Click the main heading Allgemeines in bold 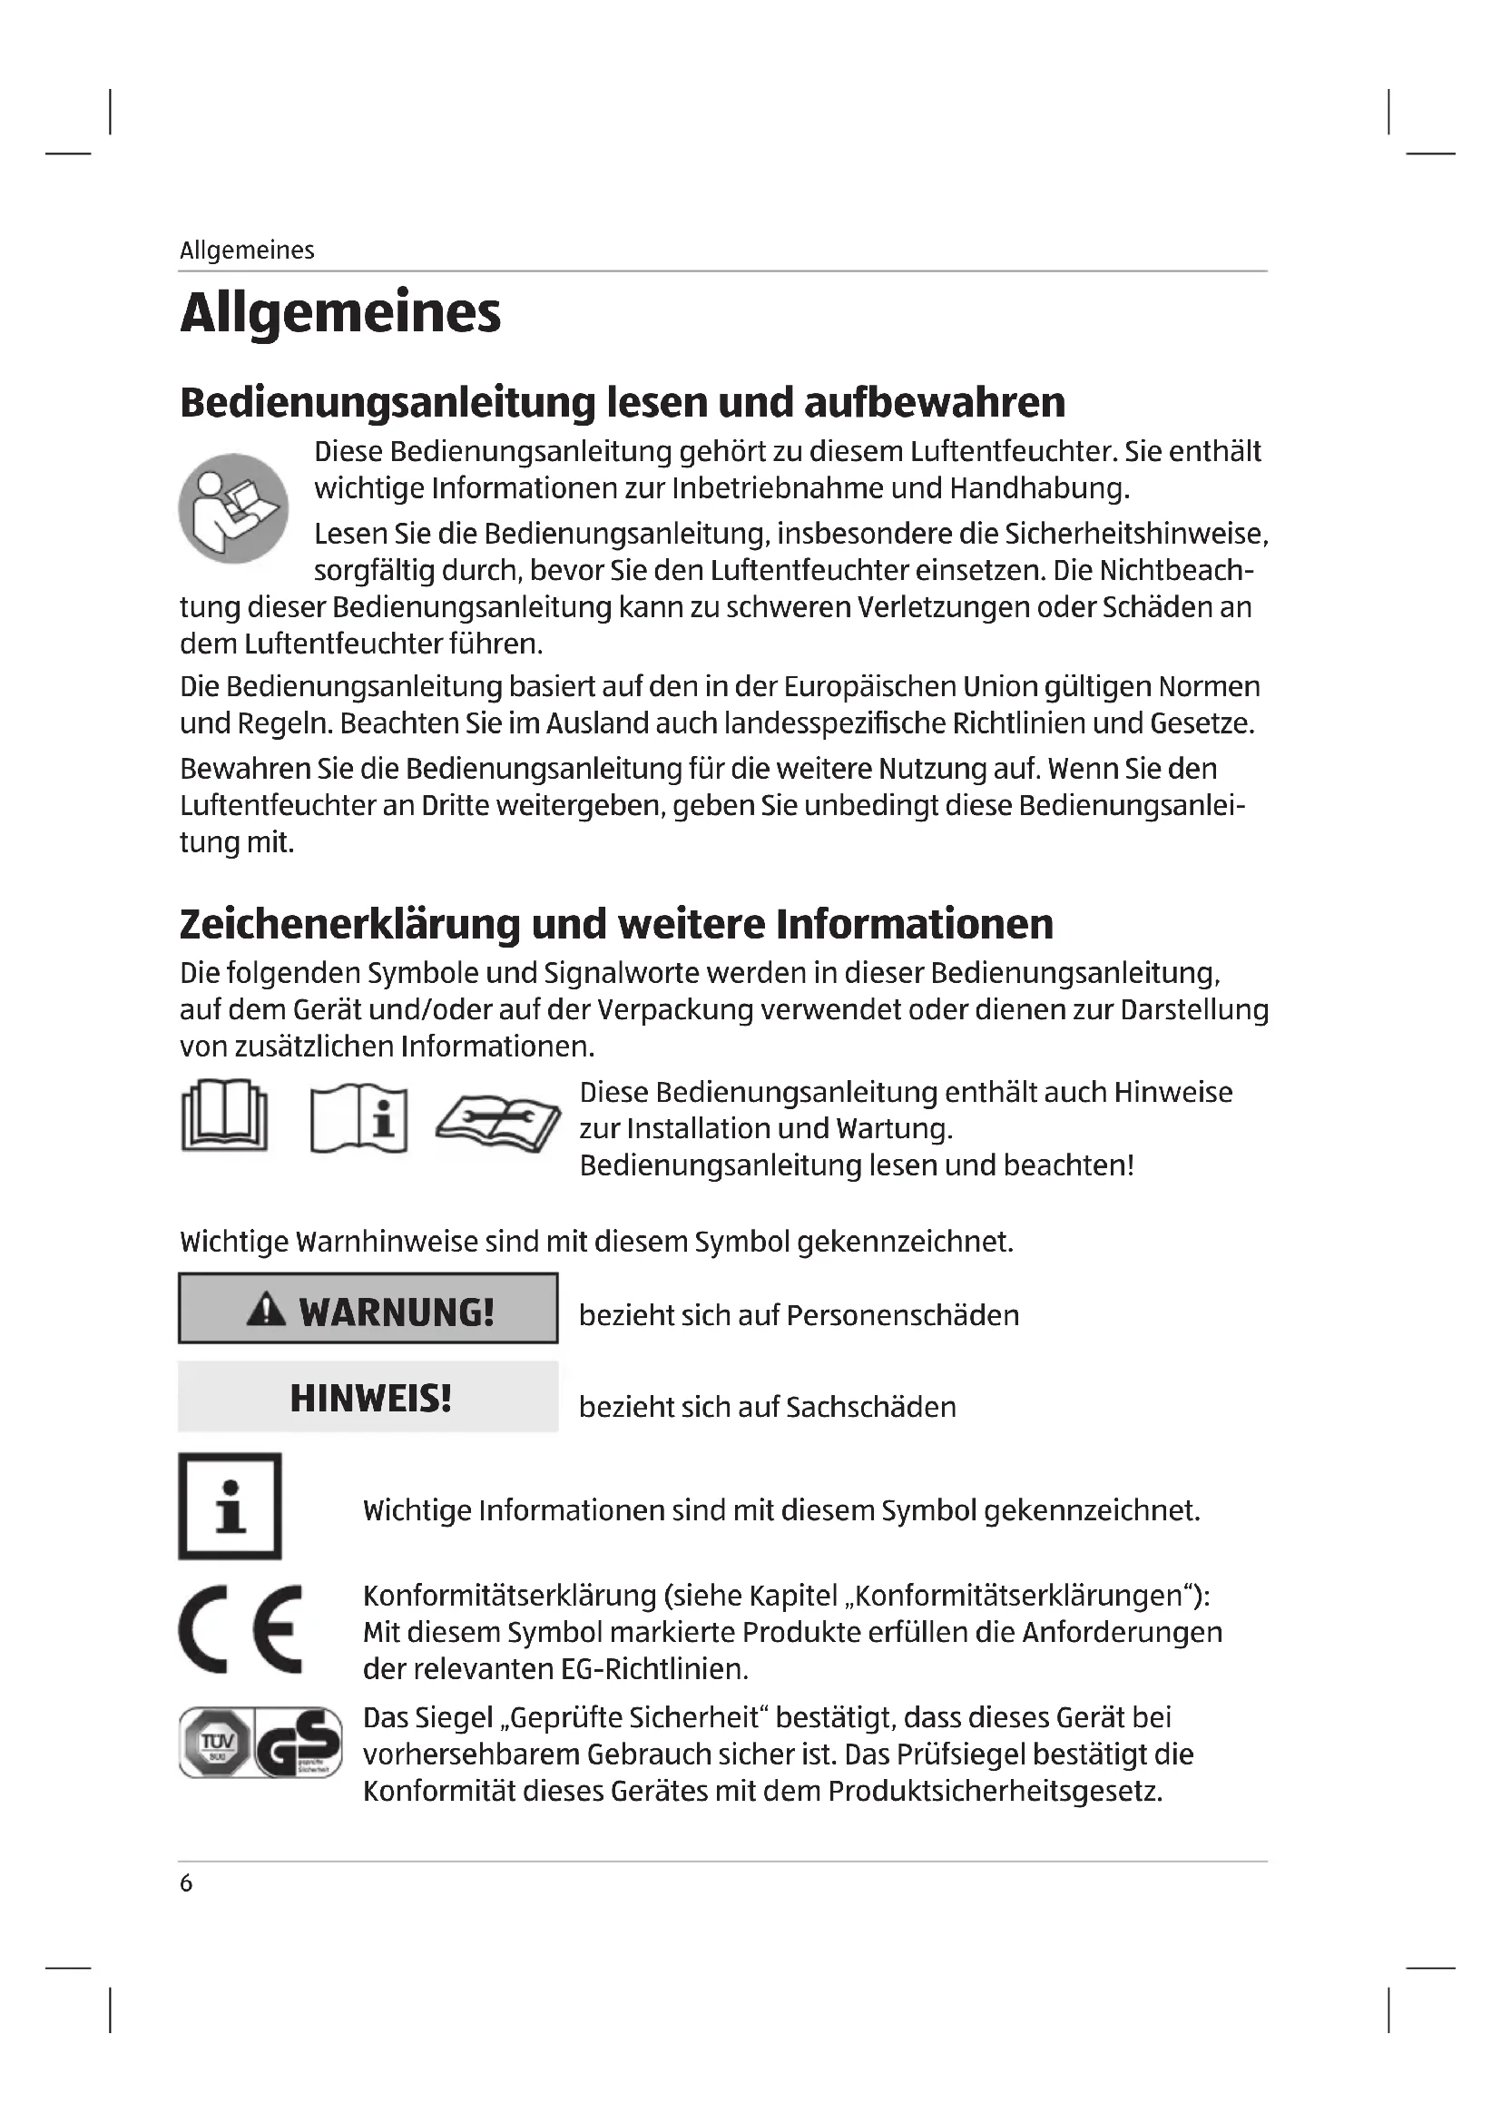coord(340,312)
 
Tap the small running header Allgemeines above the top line coord(247,251)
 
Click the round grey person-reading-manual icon coord(233,507)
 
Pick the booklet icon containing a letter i coord(358,1118)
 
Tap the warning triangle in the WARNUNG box coord(266,1310)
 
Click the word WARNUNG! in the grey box coord(397,1312)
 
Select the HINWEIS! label coord(370,1398)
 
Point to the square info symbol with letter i coord(230,1507)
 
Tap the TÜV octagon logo coord(214,1742)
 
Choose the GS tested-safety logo coord(298,1742)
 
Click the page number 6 coord(186,1883)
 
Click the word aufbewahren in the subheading coord(935,402)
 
